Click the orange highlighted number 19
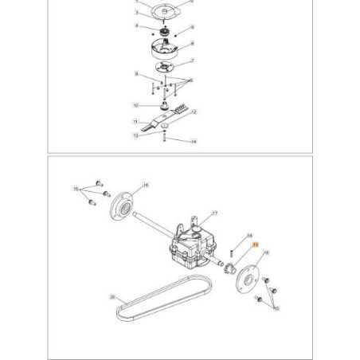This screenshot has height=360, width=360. [x=256, y=246]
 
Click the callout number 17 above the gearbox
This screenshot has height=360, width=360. [x=214, y=214]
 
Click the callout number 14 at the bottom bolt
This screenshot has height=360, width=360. [x=193, y=142]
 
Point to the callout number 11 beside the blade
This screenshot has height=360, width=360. [x=135, y=122]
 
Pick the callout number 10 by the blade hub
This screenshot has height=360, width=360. [x=136, y=104]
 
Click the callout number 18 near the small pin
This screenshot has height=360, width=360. [x=249, y=236]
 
